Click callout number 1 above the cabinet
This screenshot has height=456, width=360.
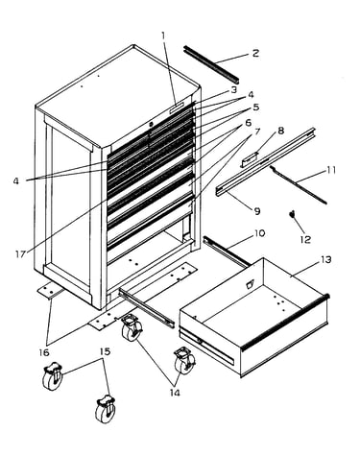pyautogui.click(x=163, y=36)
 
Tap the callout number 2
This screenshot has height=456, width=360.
pyautogui.click(x=255, y=53)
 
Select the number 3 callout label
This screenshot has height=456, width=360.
pyautogui.click(x=234, y=89)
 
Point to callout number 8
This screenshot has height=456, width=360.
pyautogui.click(x=280, y=131)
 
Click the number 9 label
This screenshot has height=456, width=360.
pyautogui.click(x=257, y=211)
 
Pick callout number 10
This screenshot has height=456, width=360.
pyautogui.click(x=259, y=233)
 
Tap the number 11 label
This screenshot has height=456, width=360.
pyautogui.click(x=331, y=170)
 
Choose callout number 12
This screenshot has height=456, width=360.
pyautogui.click(x=306, y=239)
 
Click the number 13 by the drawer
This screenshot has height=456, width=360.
pyautogui.click(x=325, y=260)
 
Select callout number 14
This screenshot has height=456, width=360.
pyautogui.click(x=175, y=393)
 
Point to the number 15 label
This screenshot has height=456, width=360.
pyautogui.click(x=105, y=351)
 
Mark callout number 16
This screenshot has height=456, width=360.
pyautogui.click(x=44, y=352)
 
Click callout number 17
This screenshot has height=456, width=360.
pyautogui.click(x=20, y=254)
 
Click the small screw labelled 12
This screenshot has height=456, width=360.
pyautogui.click(x=291, y=214)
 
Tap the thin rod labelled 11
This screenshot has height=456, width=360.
pyautogui.click(x=298, y=185)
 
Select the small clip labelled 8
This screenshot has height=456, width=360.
pyautogui.click(x=249, y=159)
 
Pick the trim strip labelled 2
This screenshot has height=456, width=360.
pyautogui.click(x=212, y=63)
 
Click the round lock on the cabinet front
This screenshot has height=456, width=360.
pyautogui.click(x=151, y=124)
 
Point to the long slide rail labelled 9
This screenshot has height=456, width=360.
pyautogui.click(x=266, y=162)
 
